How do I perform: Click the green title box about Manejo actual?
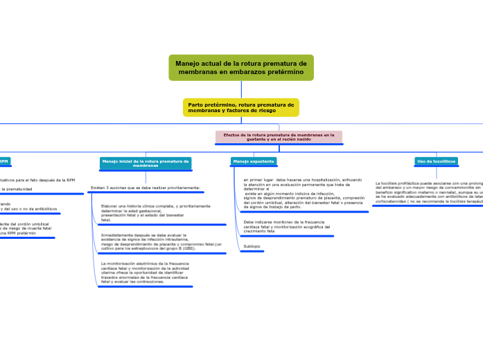point(240,67)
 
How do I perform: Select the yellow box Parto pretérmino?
point(240,107)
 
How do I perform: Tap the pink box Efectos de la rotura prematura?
point(279,137)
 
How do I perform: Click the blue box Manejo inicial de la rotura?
point(146,163)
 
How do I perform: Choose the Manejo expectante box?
point(254,161)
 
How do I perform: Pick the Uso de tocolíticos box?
point(436,161)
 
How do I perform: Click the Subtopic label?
point(252,246)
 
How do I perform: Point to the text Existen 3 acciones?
point(146,188)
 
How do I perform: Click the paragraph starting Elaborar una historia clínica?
point(155,213)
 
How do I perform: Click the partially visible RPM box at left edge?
point(4,161)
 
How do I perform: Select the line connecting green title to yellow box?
point(240,89)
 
